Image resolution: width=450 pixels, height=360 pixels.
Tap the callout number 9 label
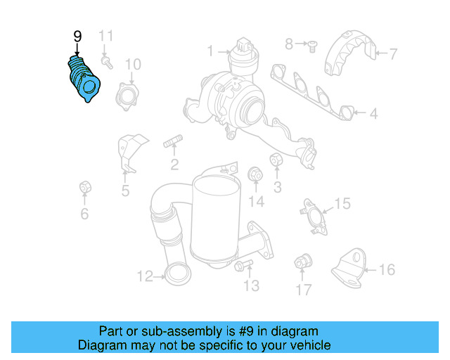point(77,36)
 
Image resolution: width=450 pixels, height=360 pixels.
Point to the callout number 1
point(210,51)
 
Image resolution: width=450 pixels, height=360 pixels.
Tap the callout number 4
point(373,112)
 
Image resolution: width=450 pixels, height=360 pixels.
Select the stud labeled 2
point(173,146)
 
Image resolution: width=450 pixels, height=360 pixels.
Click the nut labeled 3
point(276,161)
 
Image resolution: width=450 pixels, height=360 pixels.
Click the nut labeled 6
point(84,188)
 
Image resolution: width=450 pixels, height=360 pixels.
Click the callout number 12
point(144,276)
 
